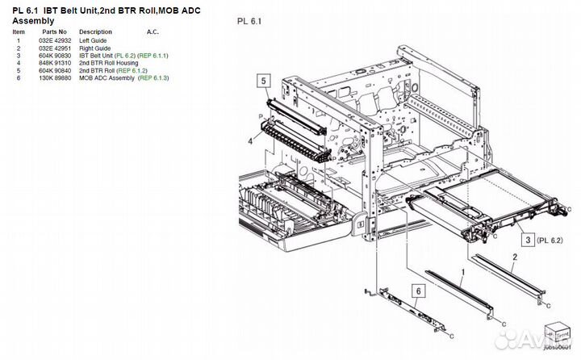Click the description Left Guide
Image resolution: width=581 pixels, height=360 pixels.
[93, 40]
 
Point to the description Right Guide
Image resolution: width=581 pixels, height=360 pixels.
[95, 48]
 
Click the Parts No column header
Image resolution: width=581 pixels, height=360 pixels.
[55, 32]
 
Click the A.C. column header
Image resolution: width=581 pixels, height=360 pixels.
[153, 32]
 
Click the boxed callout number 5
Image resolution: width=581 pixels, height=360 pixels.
[263, 80]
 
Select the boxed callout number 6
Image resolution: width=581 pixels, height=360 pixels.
[418, 291]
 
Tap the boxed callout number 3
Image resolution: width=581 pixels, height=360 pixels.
[525, 240]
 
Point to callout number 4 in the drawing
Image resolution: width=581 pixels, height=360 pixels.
[250, 141]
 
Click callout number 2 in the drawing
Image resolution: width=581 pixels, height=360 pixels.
[514, 256]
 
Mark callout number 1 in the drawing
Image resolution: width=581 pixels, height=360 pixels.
[462, 273]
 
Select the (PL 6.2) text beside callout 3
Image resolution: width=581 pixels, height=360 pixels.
[551, 240]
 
